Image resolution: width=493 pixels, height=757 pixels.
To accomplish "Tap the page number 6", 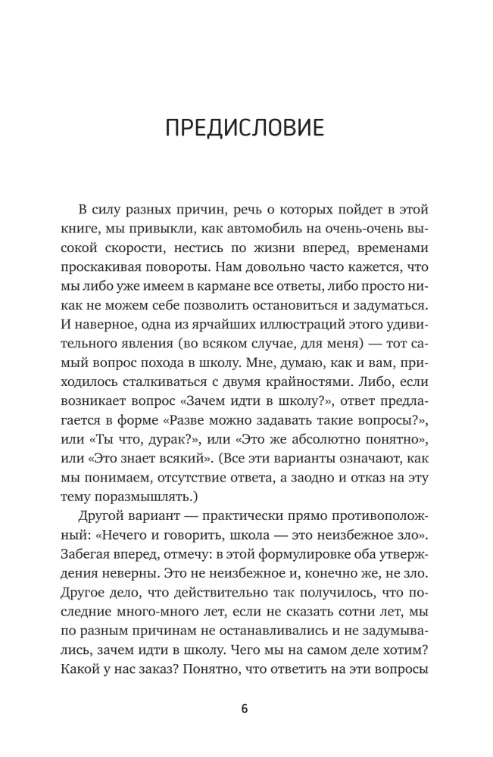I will pyautogui.click(x=245, y=709).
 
